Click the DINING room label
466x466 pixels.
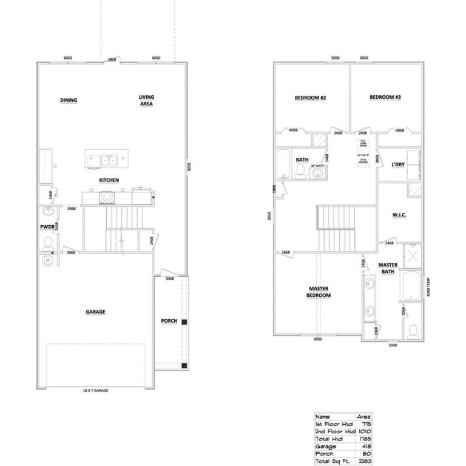point(69,100)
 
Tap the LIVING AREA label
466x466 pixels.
point(146,100)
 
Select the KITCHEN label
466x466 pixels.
point(109,180)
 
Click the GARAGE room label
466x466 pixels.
point(95,312)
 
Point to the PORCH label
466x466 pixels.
point(169,321)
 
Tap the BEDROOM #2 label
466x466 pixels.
point(311,98)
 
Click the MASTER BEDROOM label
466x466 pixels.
point(319,292)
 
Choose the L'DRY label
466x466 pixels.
point(399,164)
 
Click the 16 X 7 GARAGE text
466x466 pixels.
point(96,390)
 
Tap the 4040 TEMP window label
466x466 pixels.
point(429,285)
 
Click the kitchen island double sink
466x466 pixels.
point(109,160)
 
